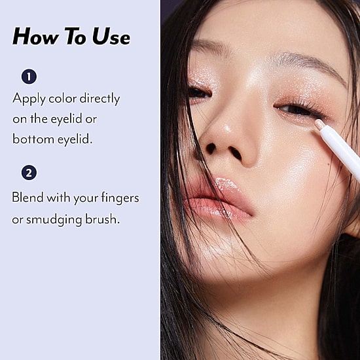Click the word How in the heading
tap(35, 36)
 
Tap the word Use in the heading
tap(111, 36)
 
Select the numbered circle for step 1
tap(29, 77)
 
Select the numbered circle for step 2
tap(29, 173)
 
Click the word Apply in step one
tap(29, 99)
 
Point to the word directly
tap(99, 99)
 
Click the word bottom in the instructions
tap(33, 139)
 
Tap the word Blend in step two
tap(27, 197)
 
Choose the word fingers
tap(120, 198)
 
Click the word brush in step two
tap(102, 219)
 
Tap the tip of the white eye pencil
tap(317, 122)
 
